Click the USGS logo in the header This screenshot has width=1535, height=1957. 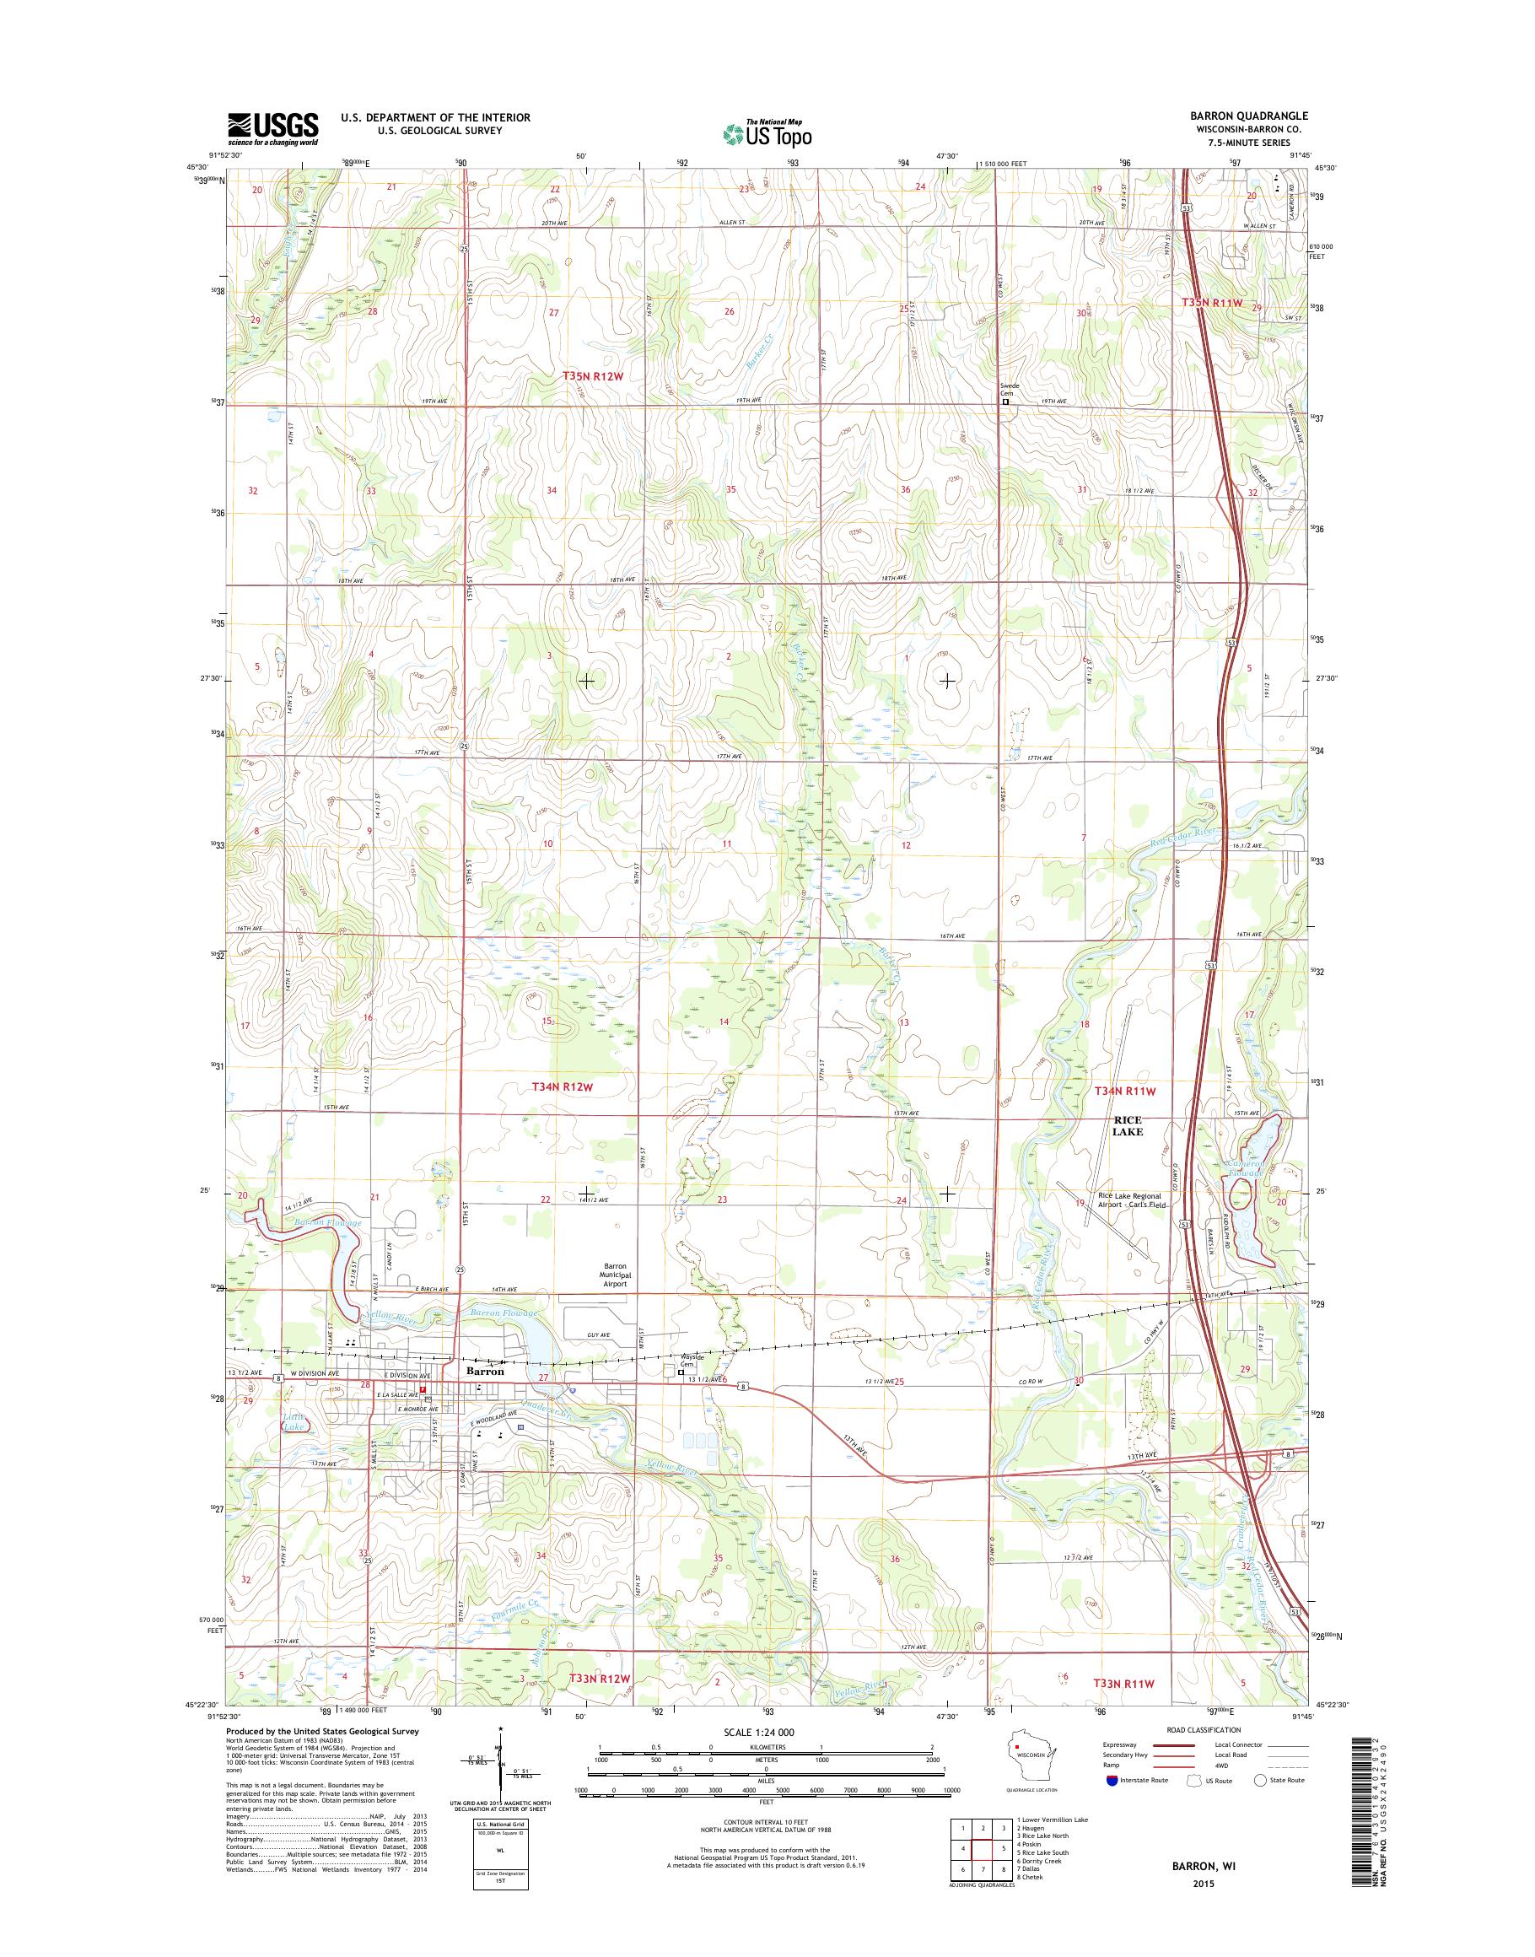click(x=272, y=128)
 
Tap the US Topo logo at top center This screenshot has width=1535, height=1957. click(x=767, y=133)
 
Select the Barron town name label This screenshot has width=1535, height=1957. click(x=484, y=1372)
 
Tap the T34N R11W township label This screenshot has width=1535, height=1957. click(x=1123, y=1091)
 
